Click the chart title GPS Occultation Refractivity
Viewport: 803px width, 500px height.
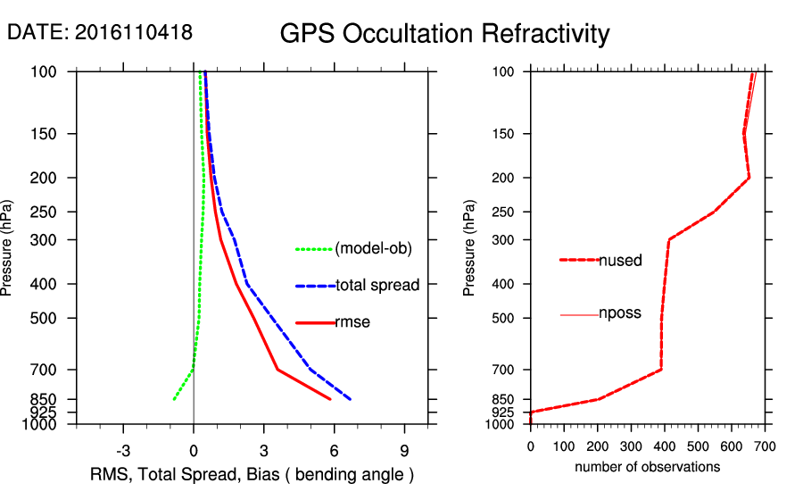444,34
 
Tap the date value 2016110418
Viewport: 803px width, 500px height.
134,32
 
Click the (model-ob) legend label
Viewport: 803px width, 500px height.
374,249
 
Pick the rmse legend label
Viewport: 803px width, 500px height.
352,322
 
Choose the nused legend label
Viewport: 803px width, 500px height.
620,260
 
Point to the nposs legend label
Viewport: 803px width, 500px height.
620,314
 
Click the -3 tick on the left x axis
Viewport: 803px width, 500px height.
123,449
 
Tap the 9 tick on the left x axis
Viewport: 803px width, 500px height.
405,449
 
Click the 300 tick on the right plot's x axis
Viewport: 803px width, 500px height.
632,446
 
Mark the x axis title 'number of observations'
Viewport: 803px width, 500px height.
648,467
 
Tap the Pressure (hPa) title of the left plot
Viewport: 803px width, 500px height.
9,247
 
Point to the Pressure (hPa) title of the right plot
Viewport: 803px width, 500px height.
470,247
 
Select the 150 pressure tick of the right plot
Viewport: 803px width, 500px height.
507,134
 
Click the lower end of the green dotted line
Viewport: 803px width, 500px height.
174,399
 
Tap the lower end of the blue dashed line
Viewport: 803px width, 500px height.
351,399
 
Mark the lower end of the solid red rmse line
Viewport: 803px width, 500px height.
331,399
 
